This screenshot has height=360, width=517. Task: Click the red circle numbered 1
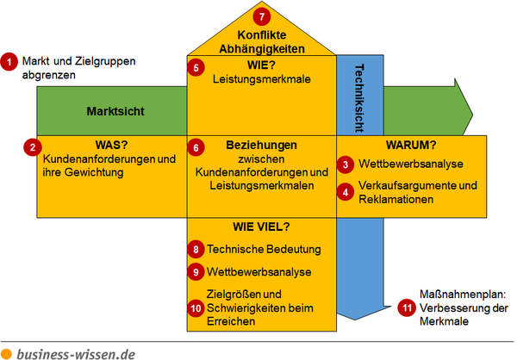[x=9, y=62]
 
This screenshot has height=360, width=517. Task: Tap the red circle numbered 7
[x=262, y=16]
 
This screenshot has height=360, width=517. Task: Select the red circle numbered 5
[x=196, y=67]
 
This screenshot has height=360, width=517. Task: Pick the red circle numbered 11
[x=407, y=308]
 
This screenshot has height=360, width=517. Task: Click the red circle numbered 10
[x=196, y=308]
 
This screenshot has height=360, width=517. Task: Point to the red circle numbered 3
[x=346, y=164]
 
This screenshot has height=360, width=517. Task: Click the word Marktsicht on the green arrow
[x=115, y=111]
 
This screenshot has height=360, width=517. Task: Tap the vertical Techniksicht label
[x=359, y=98]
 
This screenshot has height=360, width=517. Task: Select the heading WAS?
[x=111, y=145]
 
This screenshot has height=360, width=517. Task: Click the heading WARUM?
[x=411, y=145]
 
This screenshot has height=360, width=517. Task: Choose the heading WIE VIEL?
[x=261, y=227]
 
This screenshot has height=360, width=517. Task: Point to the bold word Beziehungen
[x=261, y=145]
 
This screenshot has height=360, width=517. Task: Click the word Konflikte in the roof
[x=262, y=35]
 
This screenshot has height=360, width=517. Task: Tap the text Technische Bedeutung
[x=264, y=249]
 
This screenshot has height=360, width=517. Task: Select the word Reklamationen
[x=396, y=199]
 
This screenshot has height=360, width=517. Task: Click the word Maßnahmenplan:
[x=463, y=295]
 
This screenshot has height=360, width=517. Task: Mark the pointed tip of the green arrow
[x=472, y=115]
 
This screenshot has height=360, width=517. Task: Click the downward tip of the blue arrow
[x=355, y=320]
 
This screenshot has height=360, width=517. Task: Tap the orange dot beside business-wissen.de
[x=6, y=354]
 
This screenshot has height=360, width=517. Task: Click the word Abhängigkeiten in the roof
[x=262, y=49]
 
